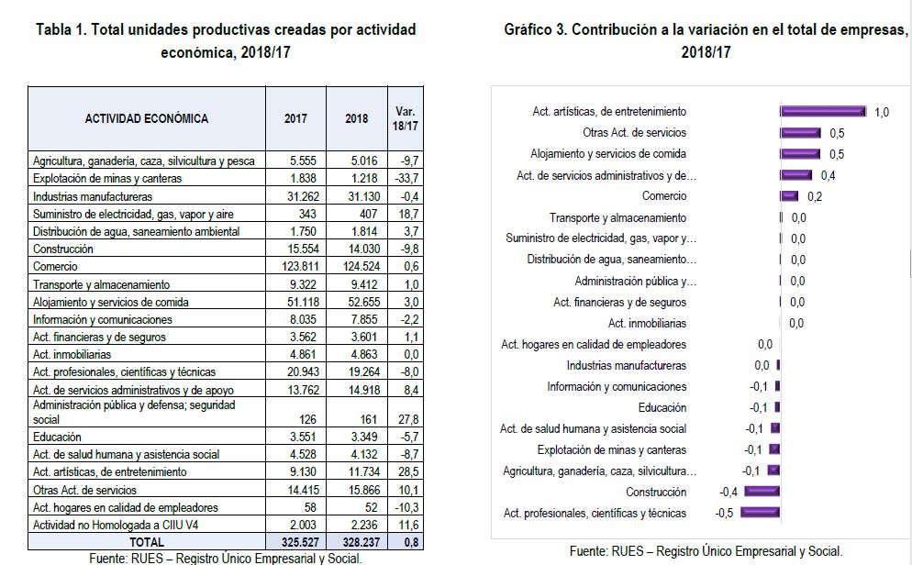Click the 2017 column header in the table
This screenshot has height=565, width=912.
tap(295, 119)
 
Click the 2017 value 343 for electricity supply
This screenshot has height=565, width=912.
tap(295, 214)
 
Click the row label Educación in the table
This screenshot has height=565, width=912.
tap(57, 438)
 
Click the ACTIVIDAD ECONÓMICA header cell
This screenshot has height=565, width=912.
tap(147, 119)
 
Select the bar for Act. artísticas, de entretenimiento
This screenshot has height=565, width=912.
tap(823, 111)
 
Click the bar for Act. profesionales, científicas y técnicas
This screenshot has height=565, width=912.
tap(760, 513)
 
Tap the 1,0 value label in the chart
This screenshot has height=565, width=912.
tap(882, 112)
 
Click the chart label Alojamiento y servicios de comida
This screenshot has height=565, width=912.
tap(608, 154)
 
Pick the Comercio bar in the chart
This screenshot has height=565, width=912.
tap(789, 195)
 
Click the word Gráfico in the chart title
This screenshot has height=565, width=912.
tap(528, 29)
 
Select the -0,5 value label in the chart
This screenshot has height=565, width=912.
tap(725, 513)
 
